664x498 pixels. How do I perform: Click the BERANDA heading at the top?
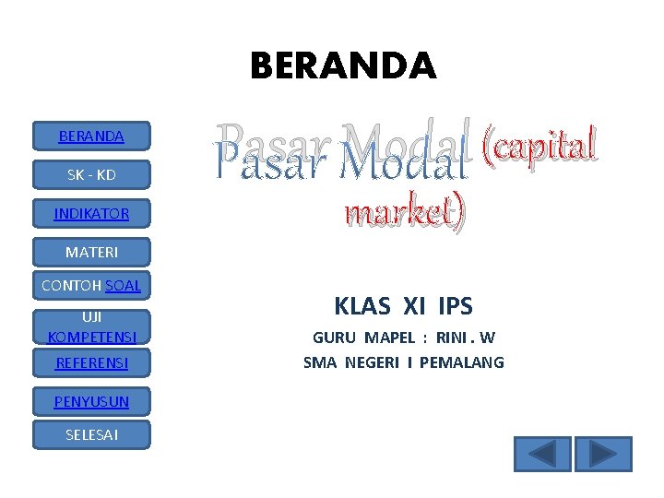click(343, 65)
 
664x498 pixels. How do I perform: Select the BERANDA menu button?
click(91, 136)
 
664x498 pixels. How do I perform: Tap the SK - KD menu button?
click(91, 174)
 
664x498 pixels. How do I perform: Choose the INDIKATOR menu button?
click(91, 213)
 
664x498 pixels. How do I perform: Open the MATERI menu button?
click(91, 252)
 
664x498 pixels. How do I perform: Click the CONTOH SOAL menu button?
click(91, 286)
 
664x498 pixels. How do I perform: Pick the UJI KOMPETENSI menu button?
click(91, 326)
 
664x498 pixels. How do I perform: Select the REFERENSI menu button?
click(91, 363)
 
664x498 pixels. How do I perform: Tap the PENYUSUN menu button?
click(91, 401)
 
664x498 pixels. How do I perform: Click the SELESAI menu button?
click(91, 434)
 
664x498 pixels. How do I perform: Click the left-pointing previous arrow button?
click(542, 454)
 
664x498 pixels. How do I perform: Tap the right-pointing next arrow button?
click(603, 454)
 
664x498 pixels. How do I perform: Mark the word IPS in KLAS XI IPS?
click(456, 305)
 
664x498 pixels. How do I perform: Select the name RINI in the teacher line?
click(453, 338)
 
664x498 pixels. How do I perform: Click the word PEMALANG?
click(461, 362)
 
